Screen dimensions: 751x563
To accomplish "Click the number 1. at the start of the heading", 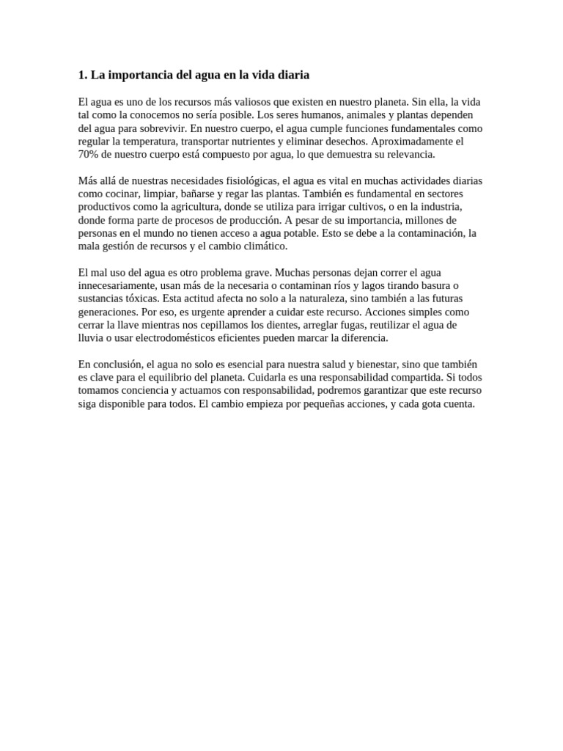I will pyautogui.click(x=82, y=75).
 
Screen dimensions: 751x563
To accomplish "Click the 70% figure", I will pyautogui.click(x=89, y=155).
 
